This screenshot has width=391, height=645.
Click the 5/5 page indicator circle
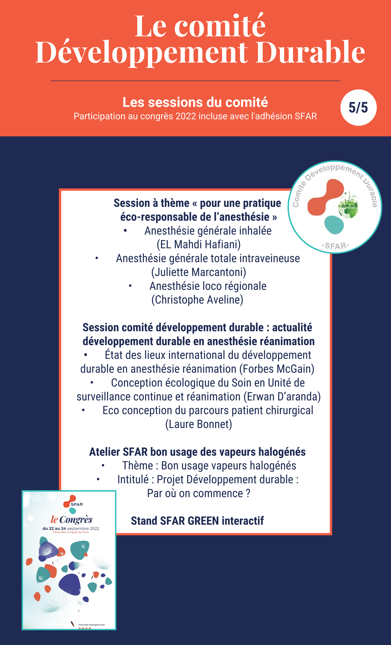pyautogui.click(x=358, y=108)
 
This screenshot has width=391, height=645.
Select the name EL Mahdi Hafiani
pyautogui.click(x=198, y=244)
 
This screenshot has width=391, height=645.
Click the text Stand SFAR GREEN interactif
pyautogui.click(x=197, y=521)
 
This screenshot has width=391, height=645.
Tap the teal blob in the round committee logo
pyautogui.click(x=334, y=225)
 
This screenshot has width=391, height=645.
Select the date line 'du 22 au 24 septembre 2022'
pyautogui.click(x=71, y=528)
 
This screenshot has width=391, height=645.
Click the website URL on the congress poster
pyautogui.click(x=91, y=625)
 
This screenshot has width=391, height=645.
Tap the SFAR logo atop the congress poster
pyautogui.click(x=73, y=504)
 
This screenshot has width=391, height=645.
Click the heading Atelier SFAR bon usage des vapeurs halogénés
pyautogui.click(x=197, y=452)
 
